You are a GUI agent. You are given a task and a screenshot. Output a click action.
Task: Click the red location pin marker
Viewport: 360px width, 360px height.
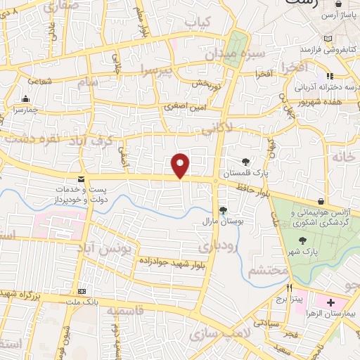181,165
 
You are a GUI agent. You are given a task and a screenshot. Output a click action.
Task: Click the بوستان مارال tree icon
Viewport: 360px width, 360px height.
223,210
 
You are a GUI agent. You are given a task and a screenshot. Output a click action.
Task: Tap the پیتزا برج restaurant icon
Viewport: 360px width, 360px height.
289,288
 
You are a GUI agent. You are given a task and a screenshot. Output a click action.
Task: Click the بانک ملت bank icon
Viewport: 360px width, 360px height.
82,292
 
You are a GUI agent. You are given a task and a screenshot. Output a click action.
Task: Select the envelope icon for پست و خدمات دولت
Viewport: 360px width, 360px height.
82,179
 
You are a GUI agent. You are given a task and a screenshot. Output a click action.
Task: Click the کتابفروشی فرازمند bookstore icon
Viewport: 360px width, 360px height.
329,38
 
